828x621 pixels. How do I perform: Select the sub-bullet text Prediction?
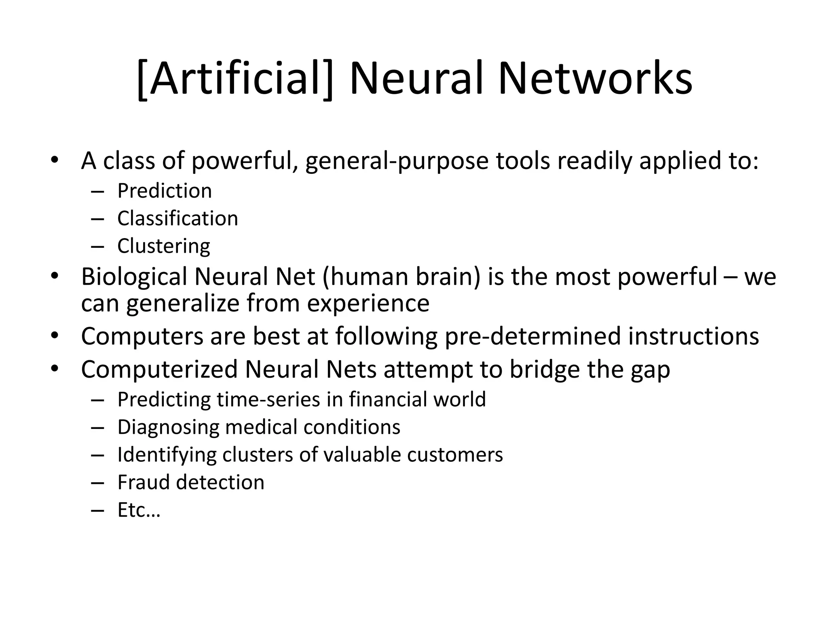click(165, 190)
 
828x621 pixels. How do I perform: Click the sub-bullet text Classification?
click(177, 218)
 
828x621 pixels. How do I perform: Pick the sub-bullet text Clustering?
click(164, 246)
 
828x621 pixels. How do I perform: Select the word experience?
click(368, 303)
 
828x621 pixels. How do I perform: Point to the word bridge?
click(544, 369)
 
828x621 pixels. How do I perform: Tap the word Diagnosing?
click(168, 427)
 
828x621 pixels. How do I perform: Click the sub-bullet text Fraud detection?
click(191, 482)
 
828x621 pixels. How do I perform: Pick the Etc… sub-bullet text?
click(139, 510)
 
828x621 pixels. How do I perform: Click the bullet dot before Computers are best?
click(55, 336)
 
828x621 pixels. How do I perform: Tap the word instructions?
click(693, 336)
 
